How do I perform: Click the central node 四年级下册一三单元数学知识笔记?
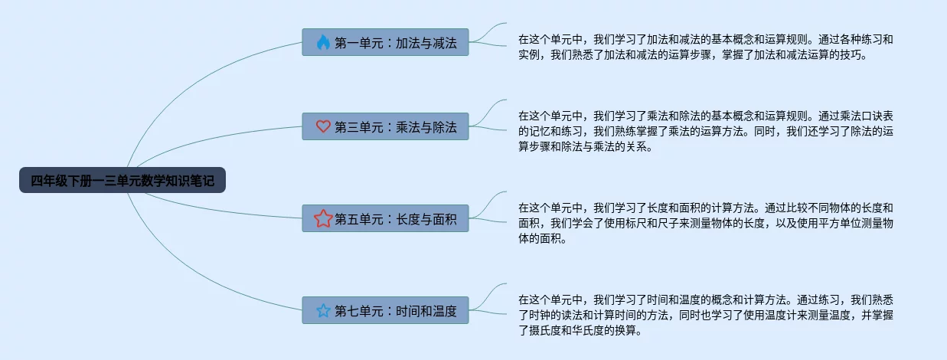[122, 181]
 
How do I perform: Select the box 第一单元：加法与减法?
[385, 43]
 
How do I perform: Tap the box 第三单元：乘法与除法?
[385, 127]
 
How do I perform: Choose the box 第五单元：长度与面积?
[385, 219]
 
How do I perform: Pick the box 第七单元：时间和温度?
[385, 311]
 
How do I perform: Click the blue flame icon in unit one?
[323, 43]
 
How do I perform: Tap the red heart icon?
[323, 127]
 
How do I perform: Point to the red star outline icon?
[323, 219]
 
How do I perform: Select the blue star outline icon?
[323, 311]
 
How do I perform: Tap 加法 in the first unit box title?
[407, 43]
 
